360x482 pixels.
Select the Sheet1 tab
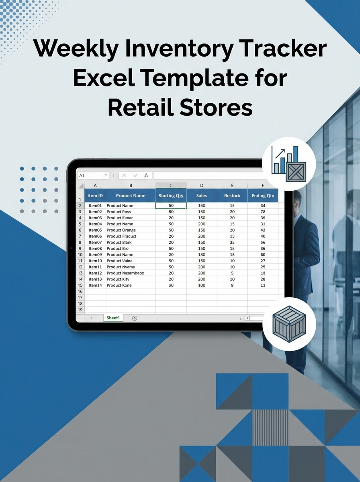(113, 318)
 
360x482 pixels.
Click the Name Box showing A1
(93, 176)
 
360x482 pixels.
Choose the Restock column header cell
(232, 196)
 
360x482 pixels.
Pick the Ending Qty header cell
(263, 196)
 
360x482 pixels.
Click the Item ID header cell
(95, 196)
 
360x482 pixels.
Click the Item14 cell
(95, 285)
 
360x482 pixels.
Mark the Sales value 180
(202, 255)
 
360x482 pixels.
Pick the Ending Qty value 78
(263, 212)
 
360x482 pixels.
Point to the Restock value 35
(232, 242)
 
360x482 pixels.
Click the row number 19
(80, 310)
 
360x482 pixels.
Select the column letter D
(202, 185)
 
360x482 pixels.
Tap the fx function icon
(146, 176)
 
